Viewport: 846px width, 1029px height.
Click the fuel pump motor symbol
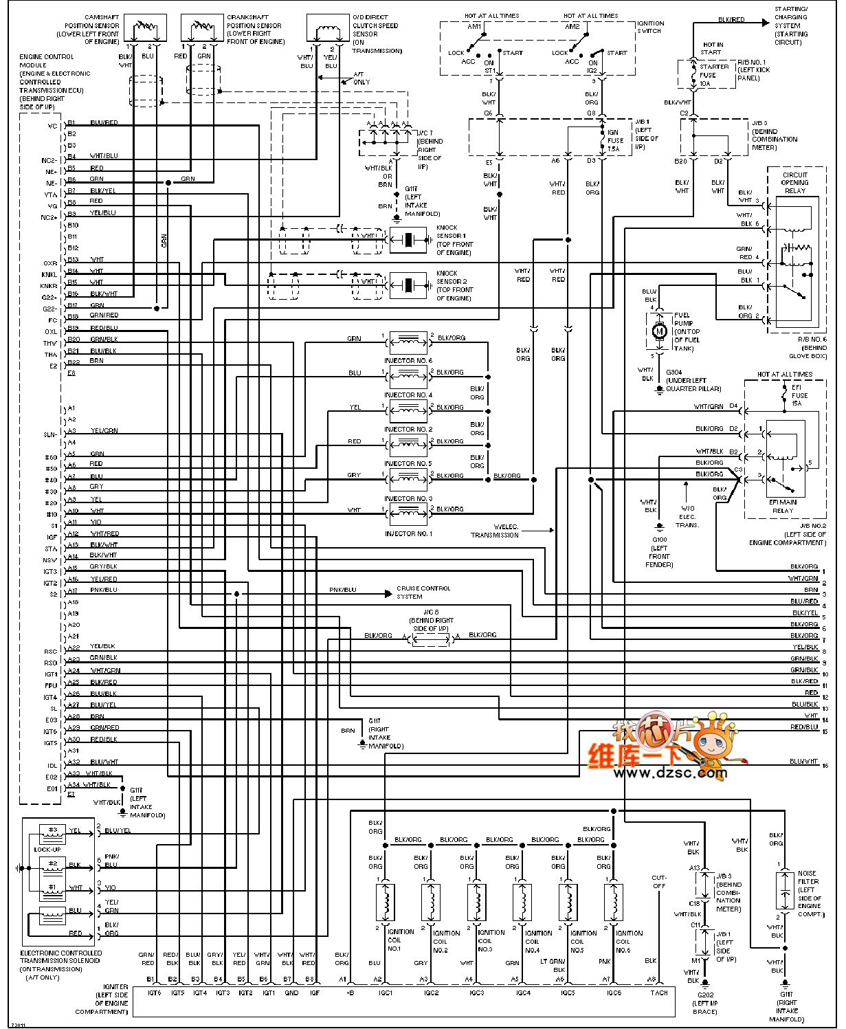[660, 331]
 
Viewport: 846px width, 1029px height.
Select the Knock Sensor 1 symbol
[408, 240]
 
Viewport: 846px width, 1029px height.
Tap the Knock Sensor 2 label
[454, 285]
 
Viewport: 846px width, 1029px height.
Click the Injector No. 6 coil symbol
[408, 341]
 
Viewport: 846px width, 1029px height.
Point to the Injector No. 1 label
[408, 534]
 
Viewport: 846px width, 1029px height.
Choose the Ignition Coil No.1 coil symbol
[386, 902]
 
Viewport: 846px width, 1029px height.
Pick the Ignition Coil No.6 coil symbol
[614, 902]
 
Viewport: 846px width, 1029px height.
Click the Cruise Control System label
[423, 593]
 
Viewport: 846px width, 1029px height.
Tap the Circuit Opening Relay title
[795, 183]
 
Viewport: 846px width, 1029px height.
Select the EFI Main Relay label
[783, 506]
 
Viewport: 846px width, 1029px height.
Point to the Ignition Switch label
[650, 27]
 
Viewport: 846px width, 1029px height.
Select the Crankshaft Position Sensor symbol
[201, 29]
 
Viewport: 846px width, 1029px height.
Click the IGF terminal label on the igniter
[315, 993]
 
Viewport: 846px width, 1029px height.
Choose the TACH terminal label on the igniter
[659, 993]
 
